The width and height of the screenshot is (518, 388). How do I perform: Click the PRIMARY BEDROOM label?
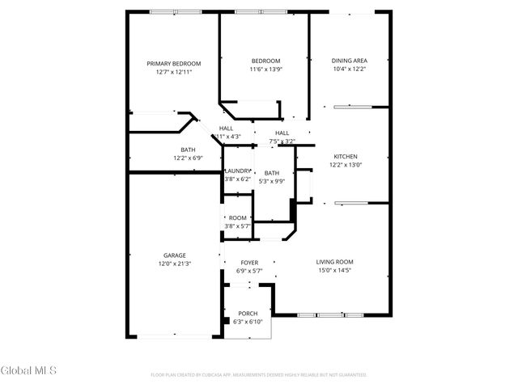pyautogui.click(x=173, y=63)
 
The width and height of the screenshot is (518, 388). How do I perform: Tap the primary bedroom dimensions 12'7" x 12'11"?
pyautogui.click(x=173, y=72)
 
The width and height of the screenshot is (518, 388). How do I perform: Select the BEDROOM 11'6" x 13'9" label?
pyautogui.click(x=265, y=61)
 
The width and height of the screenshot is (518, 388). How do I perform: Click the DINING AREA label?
pyautogui.click(x=350, y=61)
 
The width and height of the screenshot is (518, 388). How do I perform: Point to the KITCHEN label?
pyautogui.click(x=346, y=156)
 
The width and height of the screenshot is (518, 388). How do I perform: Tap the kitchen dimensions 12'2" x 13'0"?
pyautogui.click(x=346, y=165)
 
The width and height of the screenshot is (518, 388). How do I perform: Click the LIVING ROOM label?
pyautogui.click(x=334, y=262)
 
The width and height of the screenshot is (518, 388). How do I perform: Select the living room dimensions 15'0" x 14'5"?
pyautogui.click(x=334, y=271)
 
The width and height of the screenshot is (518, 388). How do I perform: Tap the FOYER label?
pyautogui.click(x=249, y=263)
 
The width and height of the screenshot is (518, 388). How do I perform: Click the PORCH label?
pyautogui.click(x=247, y=314)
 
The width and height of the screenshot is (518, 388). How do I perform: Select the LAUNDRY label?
pyautogui.click(x=238, y=171)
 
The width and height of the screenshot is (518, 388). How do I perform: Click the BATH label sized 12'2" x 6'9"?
pyautogui.click(x=187, y=150)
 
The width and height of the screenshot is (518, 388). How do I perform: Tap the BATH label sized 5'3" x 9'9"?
pyautogui.click(x=271, y=173)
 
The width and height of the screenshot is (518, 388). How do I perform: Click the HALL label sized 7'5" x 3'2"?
pyautogui.click(x=282, y=133)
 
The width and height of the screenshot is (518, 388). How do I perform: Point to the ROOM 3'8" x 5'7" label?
pyautogui.click(x=237, y=218)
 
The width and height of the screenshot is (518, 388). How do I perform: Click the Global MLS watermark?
pyautogui.click(x=28, y=371)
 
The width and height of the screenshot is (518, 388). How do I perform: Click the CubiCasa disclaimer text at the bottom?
pyautogui.click(x=259, y=375)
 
